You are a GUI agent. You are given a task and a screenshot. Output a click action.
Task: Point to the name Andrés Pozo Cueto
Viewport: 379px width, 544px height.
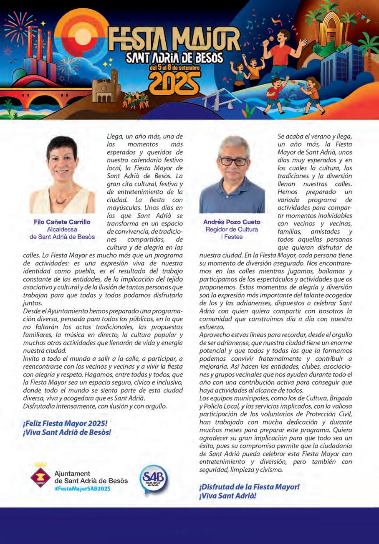[x=232, y=222]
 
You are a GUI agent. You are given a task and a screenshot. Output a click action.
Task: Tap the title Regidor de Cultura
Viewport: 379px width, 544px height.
[x=232, y=230]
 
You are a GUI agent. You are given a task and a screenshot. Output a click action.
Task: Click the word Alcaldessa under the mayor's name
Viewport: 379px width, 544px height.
[x=62, y=230]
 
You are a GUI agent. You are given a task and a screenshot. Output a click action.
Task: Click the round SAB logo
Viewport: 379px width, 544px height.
[x=154, y=478]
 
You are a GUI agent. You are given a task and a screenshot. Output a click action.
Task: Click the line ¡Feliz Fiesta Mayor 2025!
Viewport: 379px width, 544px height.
[x=66, y=423]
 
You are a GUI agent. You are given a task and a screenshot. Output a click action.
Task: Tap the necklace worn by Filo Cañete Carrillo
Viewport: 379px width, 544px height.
[x=61, y=201]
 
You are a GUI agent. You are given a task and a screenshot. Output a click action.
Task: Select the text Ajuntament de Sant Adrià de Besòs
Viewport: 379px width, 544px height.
[x=91, y=477]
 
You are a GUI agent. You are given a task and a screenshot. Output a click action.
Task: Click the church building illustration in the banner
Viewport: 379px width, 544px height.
[x=105, y=88]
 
